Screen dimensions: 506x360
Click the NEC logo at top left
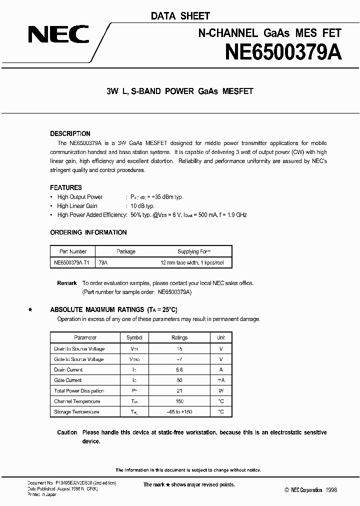click(x=58, y=34)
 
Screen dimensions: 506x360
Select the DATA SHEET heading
click(x=180, y=16)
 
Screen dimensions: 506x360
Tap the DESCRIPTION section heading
click(x=70, y=133)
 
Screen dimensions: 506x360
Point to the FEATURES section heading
click(x=66, y=187)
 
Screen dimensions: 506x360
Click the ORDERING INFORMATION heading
click(x=88, y=232)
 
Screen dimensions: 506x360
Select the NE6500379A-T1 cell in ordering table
click(x=72, y=262)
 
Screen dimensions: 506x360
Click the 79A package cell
click(x=103, y=262)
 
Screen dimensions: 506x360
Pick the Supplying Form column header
click(x=194, y=251)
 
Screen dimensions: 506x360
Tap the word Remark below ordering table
click(x=67, y=283)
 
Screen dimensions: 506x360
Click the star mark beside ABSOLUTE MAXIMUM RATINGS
click(x=30, y=310)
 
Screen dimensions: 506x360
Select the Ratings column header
click(x=179, y=338)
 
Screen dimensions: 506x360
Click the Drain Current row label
click(x=68, y=369)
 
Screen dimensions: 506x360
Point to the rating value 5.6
click(x=179, y=369)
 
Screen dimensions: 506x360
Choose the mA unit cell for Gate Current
click(x=220, y=380)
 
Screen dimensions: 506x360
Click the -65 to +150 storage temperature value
click(x=179, y=411)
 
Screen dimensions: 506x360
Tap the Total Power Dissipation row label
click(x=79, y=390)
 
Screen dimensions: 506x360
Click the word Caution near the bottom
click(x=67, y=432)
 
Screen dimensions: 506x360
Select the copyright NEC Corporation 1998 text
click(x=311, y=490)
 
